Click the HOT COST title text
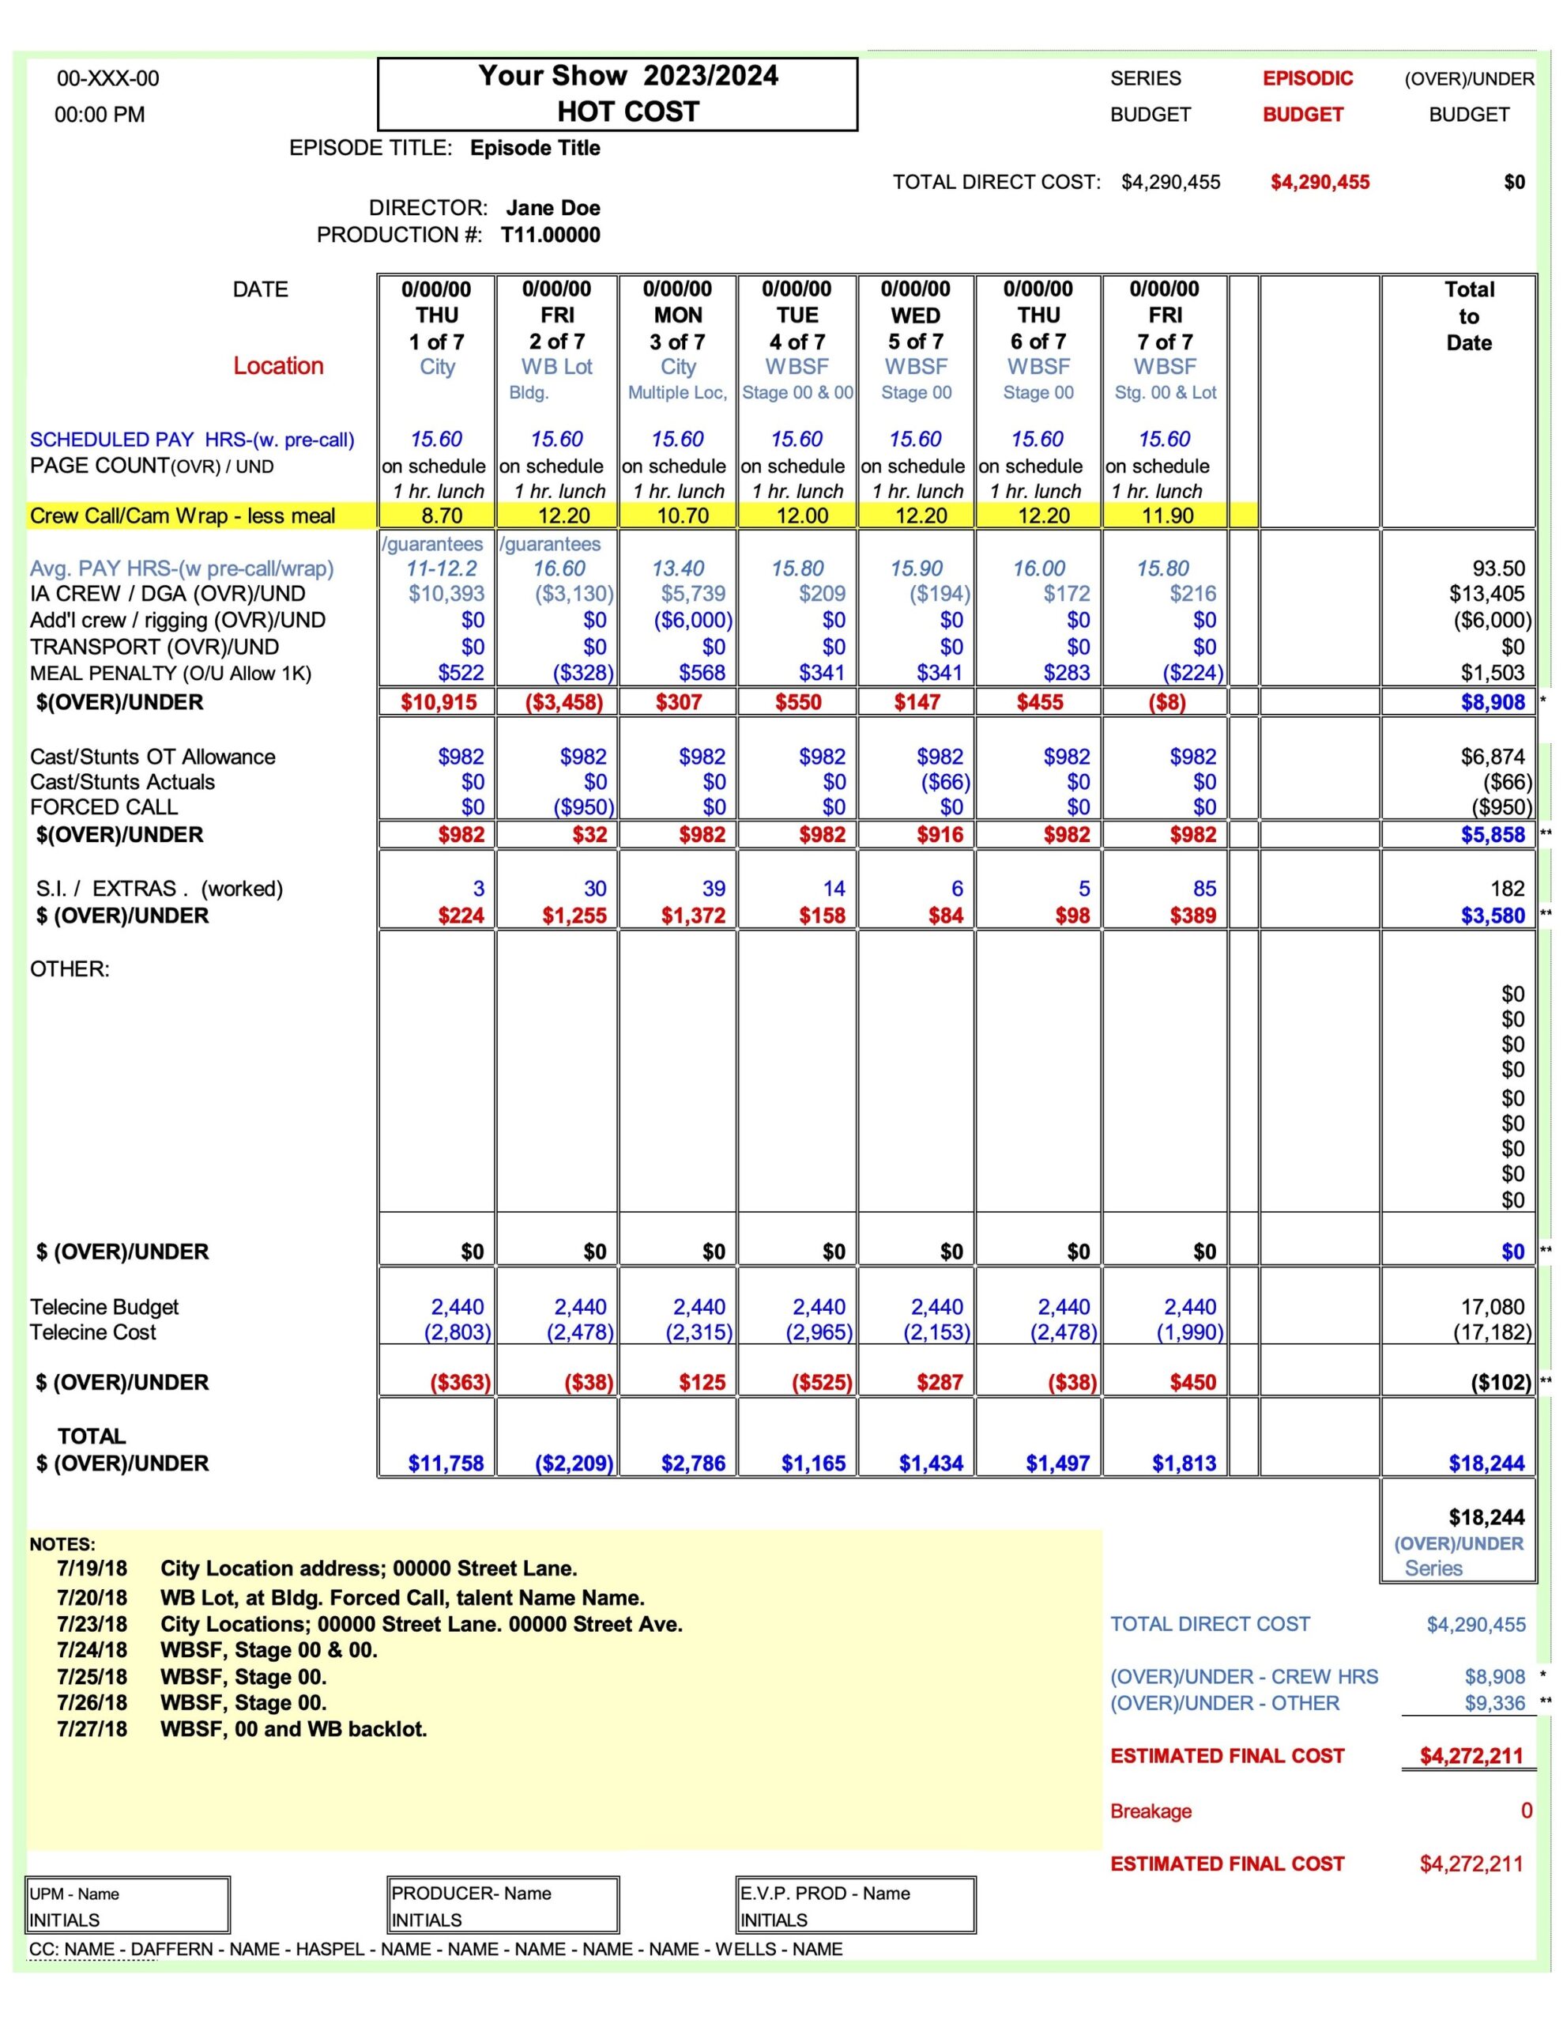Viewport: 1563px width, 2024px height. point(627,111)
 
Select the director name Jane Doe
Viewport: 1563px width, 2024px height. point(552,208)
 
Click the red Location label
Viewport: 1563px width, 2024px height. point(278,366)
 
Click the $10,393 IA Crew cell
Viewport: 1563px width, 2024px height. point(446,594)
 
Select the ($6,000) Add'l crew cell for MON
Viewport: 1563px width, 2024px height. point(693,620)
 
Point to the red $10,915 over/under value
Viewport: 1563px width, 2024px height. point(439,702)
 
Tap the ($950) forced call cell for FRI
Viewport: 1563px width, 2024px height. point(582,807)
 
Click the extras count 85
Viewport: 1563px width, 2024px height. point(1203,889)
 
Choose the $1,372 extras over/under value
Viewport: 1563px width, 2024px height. point(693,916)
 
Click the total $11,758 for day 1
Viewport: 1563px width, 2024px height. point(446,1463)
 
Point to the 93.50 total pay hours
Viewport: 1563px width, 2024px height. point(1498,569)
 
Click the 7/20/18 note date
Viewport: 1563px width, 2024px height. point(92,1598)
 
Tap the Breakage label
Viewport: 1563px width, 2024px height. point(1151,1811)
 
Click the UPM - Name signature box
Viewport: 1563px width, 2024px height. point(128,1906)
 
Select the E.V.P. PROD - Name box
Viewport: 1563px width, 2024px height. point(855,1906)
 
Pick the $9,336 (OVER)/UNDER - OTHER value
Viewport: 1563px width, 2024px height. point(1493,1703)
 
